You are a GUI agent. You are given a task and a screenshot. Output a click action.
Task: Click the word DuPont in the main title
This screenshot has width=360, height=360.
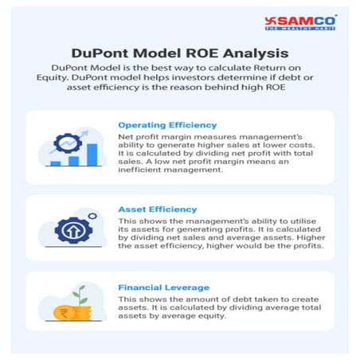(99, 54)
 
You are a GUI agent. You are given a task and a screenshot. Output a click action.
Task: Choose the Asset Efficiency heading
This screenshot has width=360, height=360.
(157, 209)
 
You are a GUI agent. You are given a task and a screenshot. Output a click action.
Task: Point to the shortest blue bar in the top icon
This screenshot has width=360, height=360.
(56, 162)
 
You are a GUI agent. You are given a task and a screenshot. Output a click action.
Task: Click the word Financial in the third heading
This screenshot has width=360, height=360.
(141, 286)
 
